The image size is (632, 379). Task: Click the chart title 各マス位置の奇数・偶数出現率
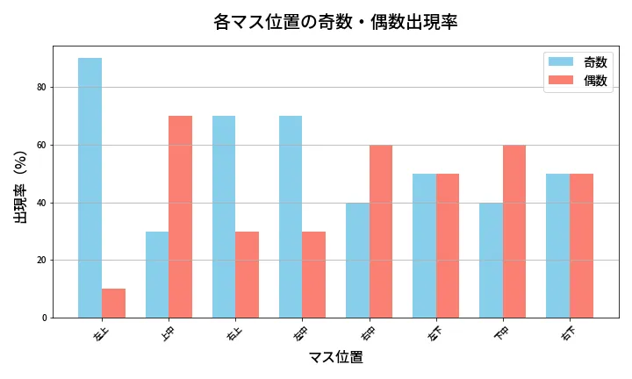tap(335, 22)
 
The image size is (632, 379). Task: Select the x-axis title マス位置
tap(335, 357)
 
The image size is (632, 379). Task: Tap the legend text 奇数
tap(595, 62)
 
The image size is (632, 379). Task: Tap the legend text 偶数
tap(595, 81)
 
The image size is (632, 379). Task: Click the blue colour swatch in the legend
tap(561, 62)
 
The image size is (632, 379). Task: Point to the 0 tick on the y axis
tap(43, 318)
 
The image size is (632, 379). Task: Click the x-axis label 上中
tap(167, 333)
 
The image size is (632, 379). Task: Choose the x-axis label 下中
tap(501, 333)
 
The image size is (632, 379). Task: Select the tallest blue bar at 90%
tap(90, 188)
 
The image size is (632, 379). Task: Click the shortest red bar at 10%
tap(113, 304)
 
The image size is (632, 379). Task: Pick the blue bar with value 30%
tap(157, 275)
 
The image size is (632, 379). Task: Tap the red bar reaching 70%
tap(180, 217)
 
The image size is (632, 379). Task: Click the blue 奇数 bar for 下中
tap(491, 261)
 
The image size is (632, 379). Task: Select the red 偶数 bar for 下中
tap(514, 232)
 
